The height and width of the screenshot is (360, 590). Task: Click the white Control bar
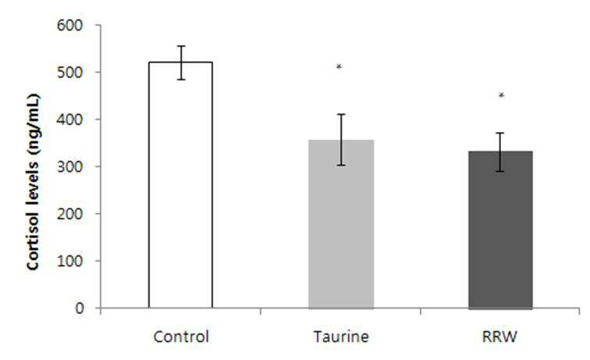180,185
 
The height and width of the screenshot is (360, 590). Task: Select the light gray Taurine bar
341,224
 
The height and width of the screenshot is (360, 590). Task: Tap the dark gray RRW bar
500,230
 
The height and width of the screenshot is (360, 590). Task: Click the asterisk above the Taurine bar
339,67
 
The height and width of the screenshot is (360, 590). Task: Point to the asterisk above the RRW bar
501,95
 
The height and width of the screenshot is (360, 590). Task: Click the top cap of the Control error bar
181,46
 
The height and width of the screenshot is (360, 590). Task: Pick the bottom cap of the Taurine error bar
341,165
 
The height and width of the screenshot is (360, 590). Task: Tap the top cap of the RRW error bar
501,133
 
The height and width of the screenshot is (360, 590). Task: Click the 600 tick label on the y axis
69,26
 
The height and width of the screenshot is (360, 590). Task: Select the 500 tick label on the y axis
69,73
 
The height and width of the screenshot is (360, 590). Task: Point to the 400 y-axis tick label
69,119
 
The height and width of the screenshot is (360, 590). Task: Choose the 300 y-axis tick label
69,167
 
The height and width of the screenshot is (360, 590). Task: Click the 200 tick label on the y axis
69,214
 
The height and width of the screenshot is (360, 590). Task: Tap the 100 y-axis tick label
69,261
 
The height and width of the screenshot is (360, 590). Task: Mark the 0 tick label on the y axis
79,308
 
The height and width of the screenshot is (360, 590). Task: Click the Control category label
181,337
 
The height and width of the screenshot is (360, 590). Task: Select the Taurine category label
341,337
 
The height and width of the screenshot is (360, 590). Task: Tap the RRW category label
499,337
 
